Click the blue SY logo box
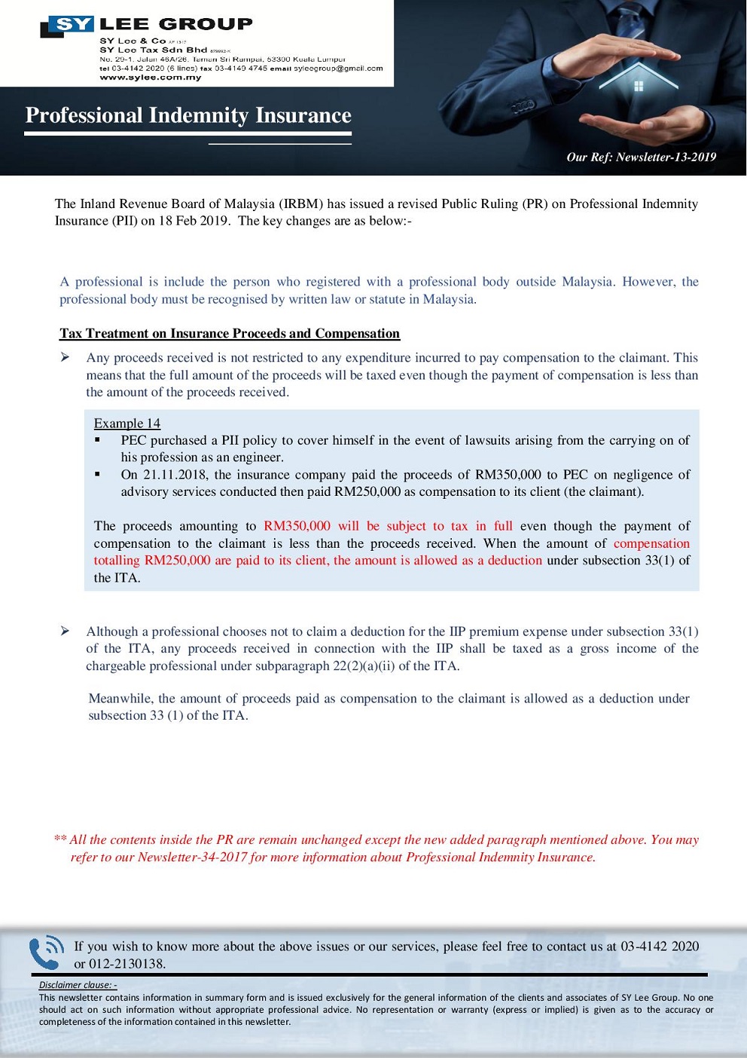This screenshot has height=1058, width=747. [73, 25]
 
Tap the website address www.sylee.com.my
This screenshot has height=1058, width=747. [151, 78]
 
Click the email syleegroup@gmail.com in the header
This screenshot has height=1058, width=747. [338, 69]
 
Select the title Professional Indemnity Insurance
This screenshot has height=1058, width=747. [188, 115]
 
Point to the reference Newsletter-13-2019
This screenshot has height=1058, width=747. [666, 157]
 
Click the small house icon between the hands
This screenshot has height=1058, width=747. [639, 86]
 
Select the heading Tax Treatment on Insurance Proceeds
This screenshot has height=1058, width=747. [230, 333]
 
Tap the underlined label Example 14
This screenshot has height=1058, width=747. [127, 424]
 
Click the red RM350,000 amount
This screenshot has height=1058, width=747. [297, 526]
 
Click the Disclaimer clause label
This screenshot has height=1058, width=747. [78, 985]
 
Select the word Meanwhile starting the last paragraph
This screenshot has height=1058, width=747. [120, 699]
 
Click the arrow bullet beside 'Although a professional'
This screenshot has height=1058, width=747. [66, 631]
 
